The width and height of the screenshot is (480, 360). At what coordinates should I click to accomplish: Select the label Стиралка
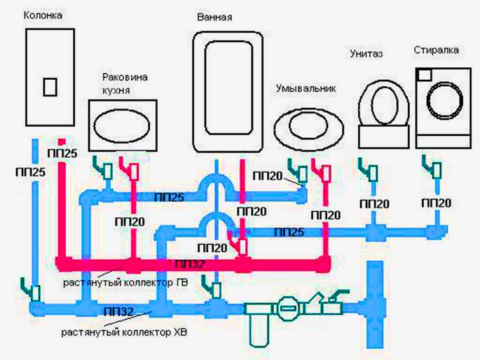(x=436, y=50)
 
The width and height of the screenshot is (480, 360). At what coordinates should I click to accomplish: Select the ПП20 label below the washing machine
(x=437, y=202)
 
